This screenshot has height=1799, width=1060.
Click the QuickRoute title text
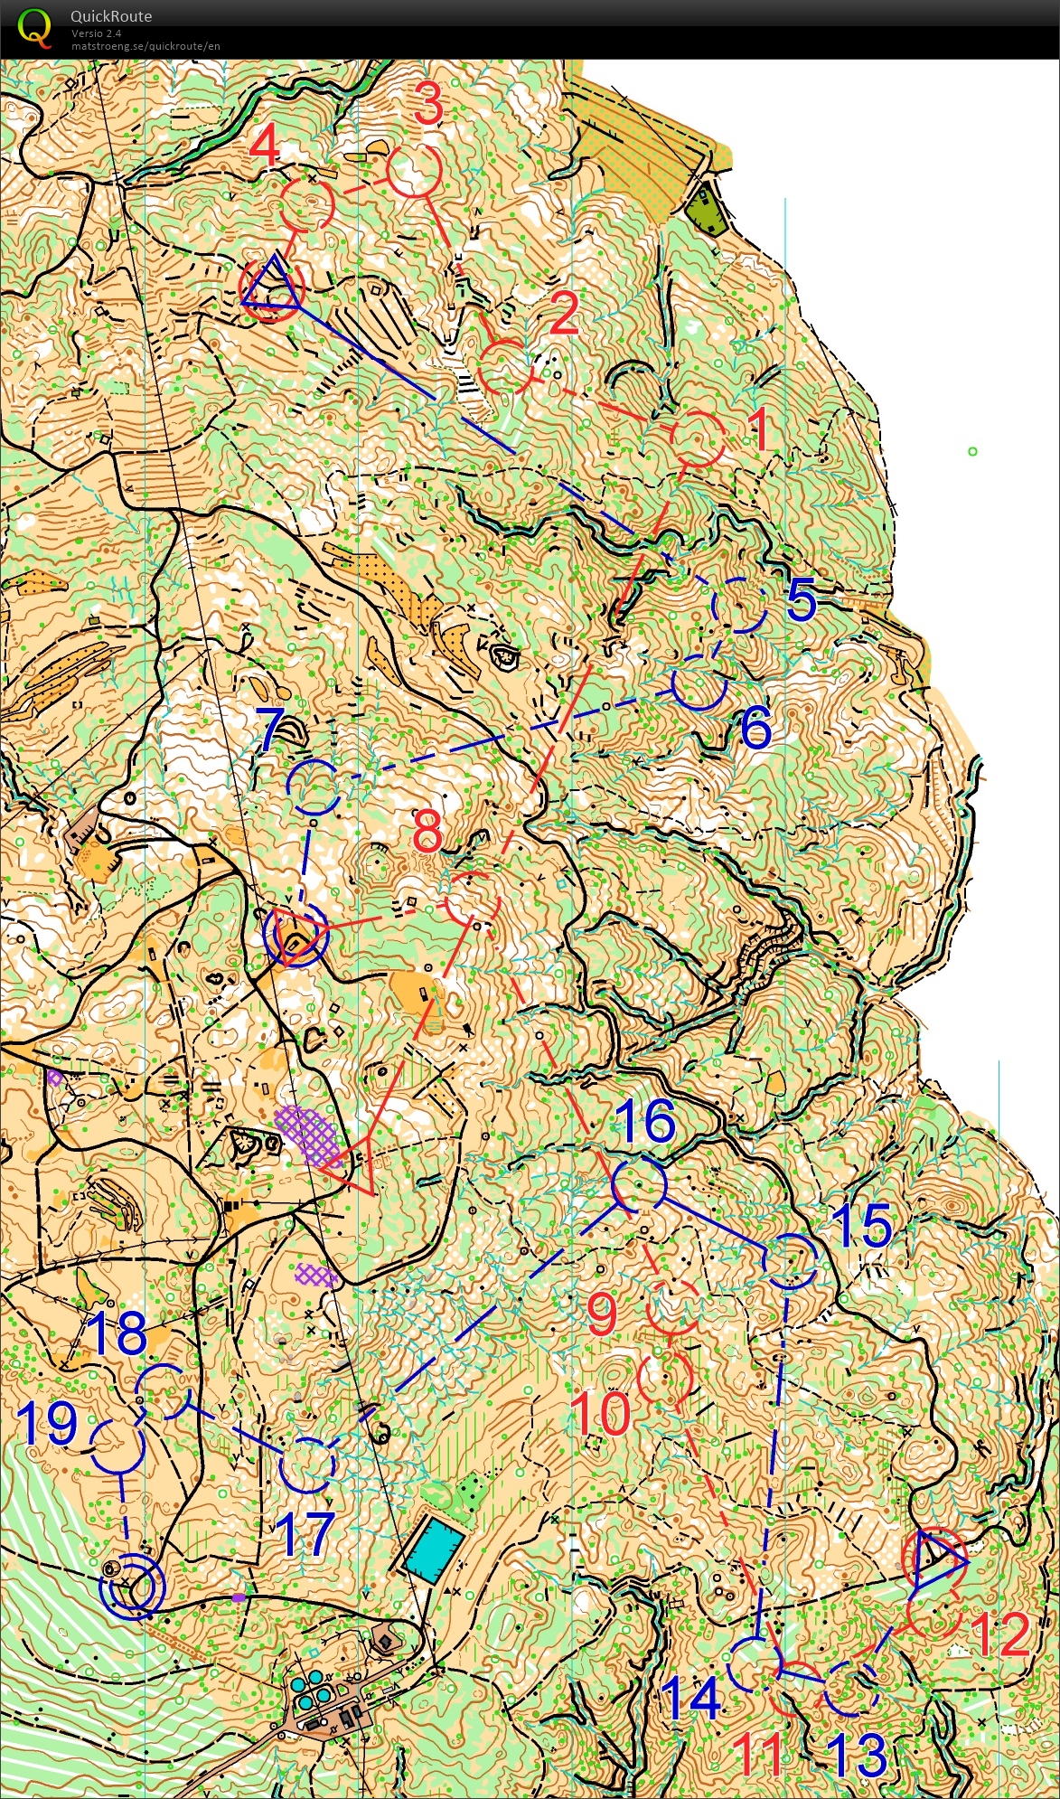[x=110, y=16]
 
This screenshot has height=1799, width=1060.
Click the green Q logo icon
[x=34, y=26]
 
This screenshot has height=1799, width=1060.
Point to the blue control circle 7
[x=314, y=787]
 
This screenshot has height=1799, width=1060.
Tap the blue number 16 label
[x=645, y=1121]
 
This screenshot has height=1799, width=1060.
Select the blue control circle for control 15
[x=791, y=1260]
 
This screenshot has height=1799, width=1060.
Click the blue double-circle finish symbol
[x=133, y=1586]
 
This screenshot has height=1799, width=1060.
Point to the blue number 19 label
[x=47, y=1424]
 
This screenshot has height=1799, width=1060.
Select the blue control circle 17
[x=307, y=1465]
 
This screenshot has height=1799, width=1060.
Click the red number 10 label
[x=601, y=1413]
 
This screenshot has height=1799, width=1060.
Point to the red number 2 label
[x=564, y=314]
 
